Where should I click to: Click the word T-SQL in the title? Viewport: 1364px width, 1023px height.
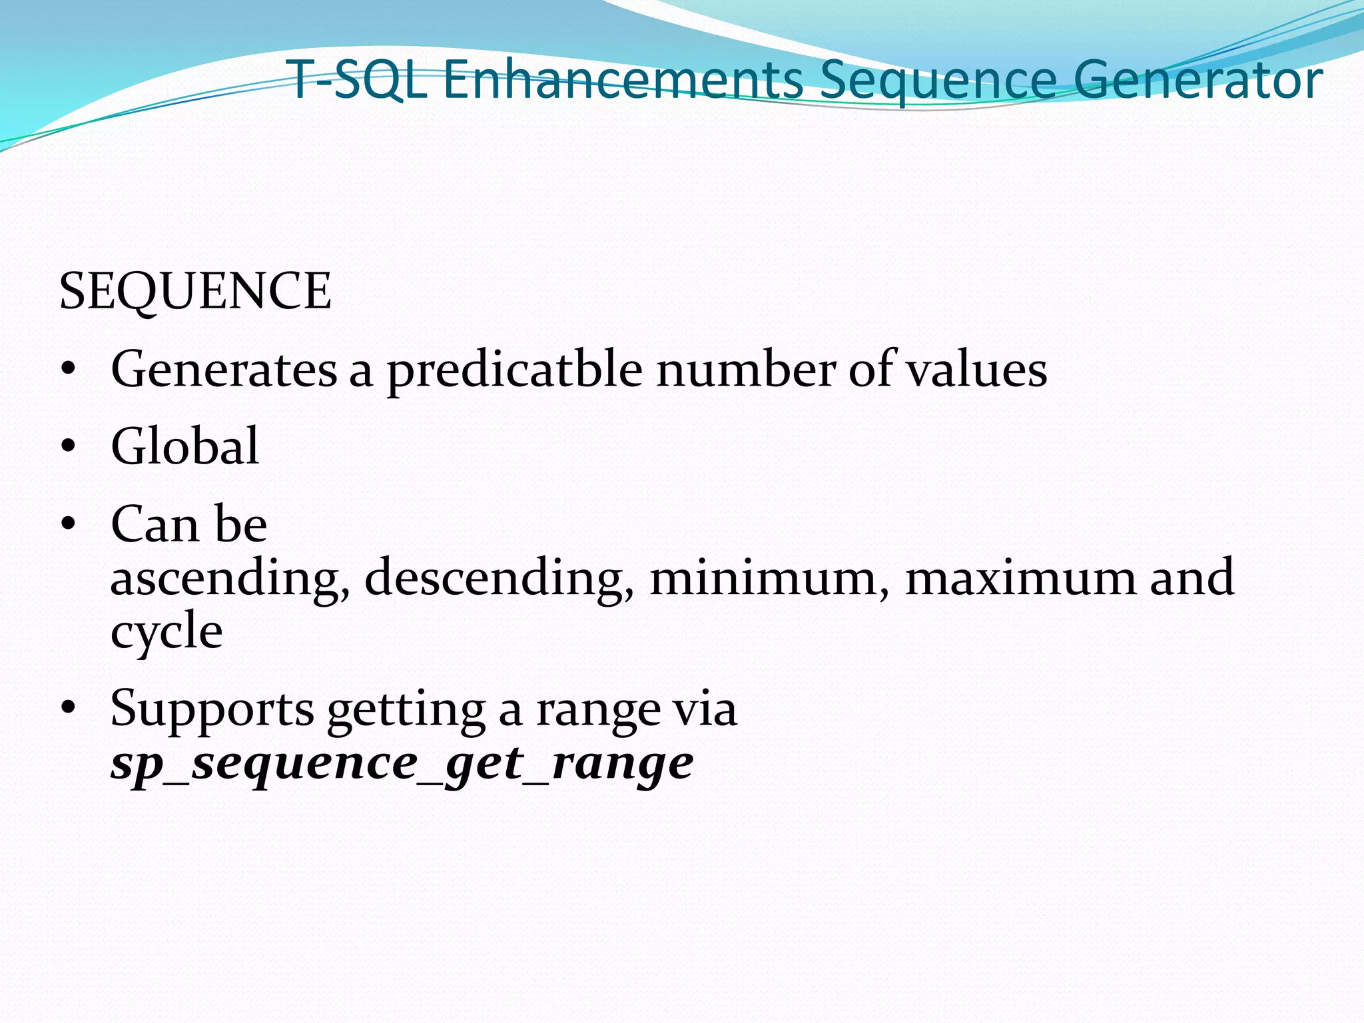(x=358, y=80)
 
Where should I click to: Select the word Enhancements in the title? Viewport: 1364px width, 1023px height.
(x=623, y=80)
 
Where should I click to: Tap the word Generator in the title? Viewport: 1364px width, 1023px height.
(x=1197, y=80)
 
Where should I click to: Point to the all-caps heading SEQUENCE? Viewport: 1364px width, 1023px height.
(x=195, y=292)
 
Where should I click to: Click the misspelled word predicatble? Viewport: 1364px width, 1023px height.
(x=515, y=370)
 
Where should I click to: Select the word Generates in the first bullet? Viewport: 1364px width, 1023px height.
(x=224, y=370)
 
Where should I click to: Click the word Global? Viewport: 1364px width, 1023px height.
(x=184, y=446)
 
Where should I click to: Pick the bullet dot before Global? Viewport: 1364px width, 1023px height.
(x=68, y=447)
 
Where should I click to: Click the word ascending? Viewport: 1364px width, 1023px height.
(x=230, y=578)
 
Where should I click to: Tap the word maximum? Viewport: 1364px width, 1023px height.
(x=1020, y=577)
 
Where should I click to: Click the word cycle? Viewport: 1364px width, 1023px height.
(x=167, y=631)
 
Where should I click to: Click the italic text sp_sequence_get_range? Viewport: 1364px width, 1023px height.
(x=402, y=763)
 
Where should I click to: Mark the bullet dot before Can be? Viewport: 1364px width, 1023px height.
(x=68, y=525)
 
